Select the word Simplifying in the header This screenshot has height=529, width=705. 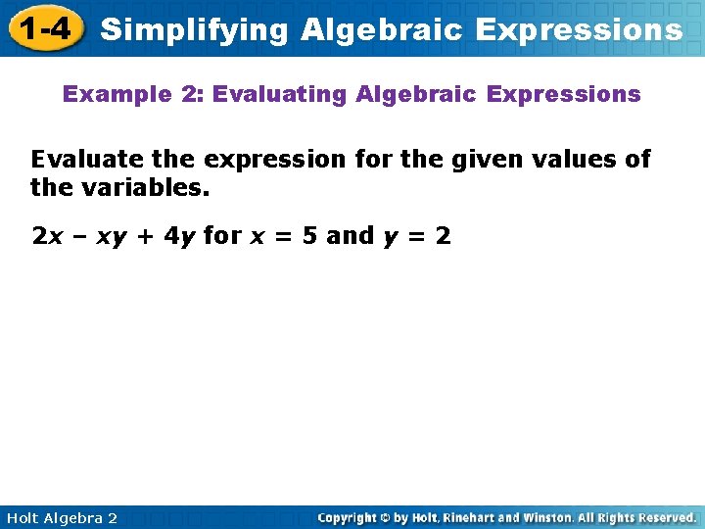(x=195, y=29)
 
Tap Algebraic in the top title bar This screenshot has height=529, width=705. (x=383, y=29)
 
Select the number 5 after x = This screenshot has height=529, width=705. (x=308, y=236)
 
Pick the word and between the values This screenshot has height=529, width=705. (x=351, y=236)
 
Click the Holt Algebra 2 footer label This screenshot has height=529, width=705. (x=62, y=517)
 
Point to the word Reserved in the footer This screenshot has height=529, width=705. (x=662, y=517)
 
